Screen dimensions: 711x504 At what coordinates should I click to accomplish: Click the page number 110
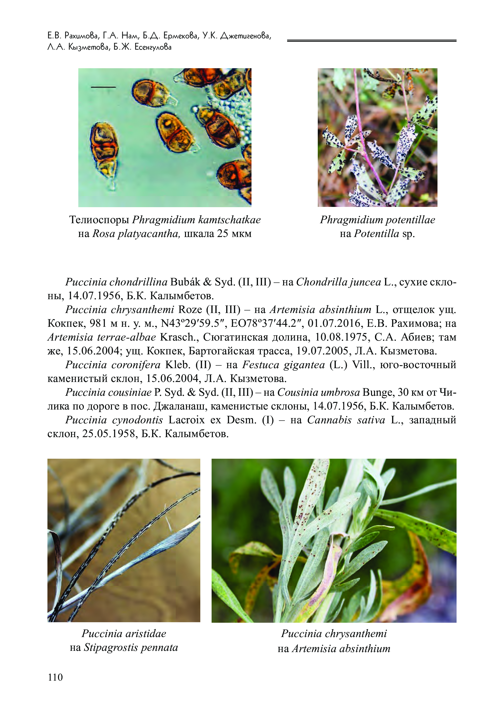pos(55,677)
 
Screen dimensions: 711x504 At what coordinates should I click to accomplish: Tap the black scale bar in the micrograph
pos(103,87)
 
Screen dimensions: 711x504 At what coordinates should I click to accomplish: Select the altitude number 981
pos(98,324)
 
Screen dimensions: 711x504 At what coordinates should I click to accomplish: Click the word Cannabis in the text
pos(329,420)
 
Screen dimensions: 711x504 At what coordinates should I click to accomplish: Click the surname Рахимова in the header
pos(82,36)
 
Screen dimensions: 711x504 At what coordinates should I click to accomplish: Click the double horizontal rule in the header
pos(371,40)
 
